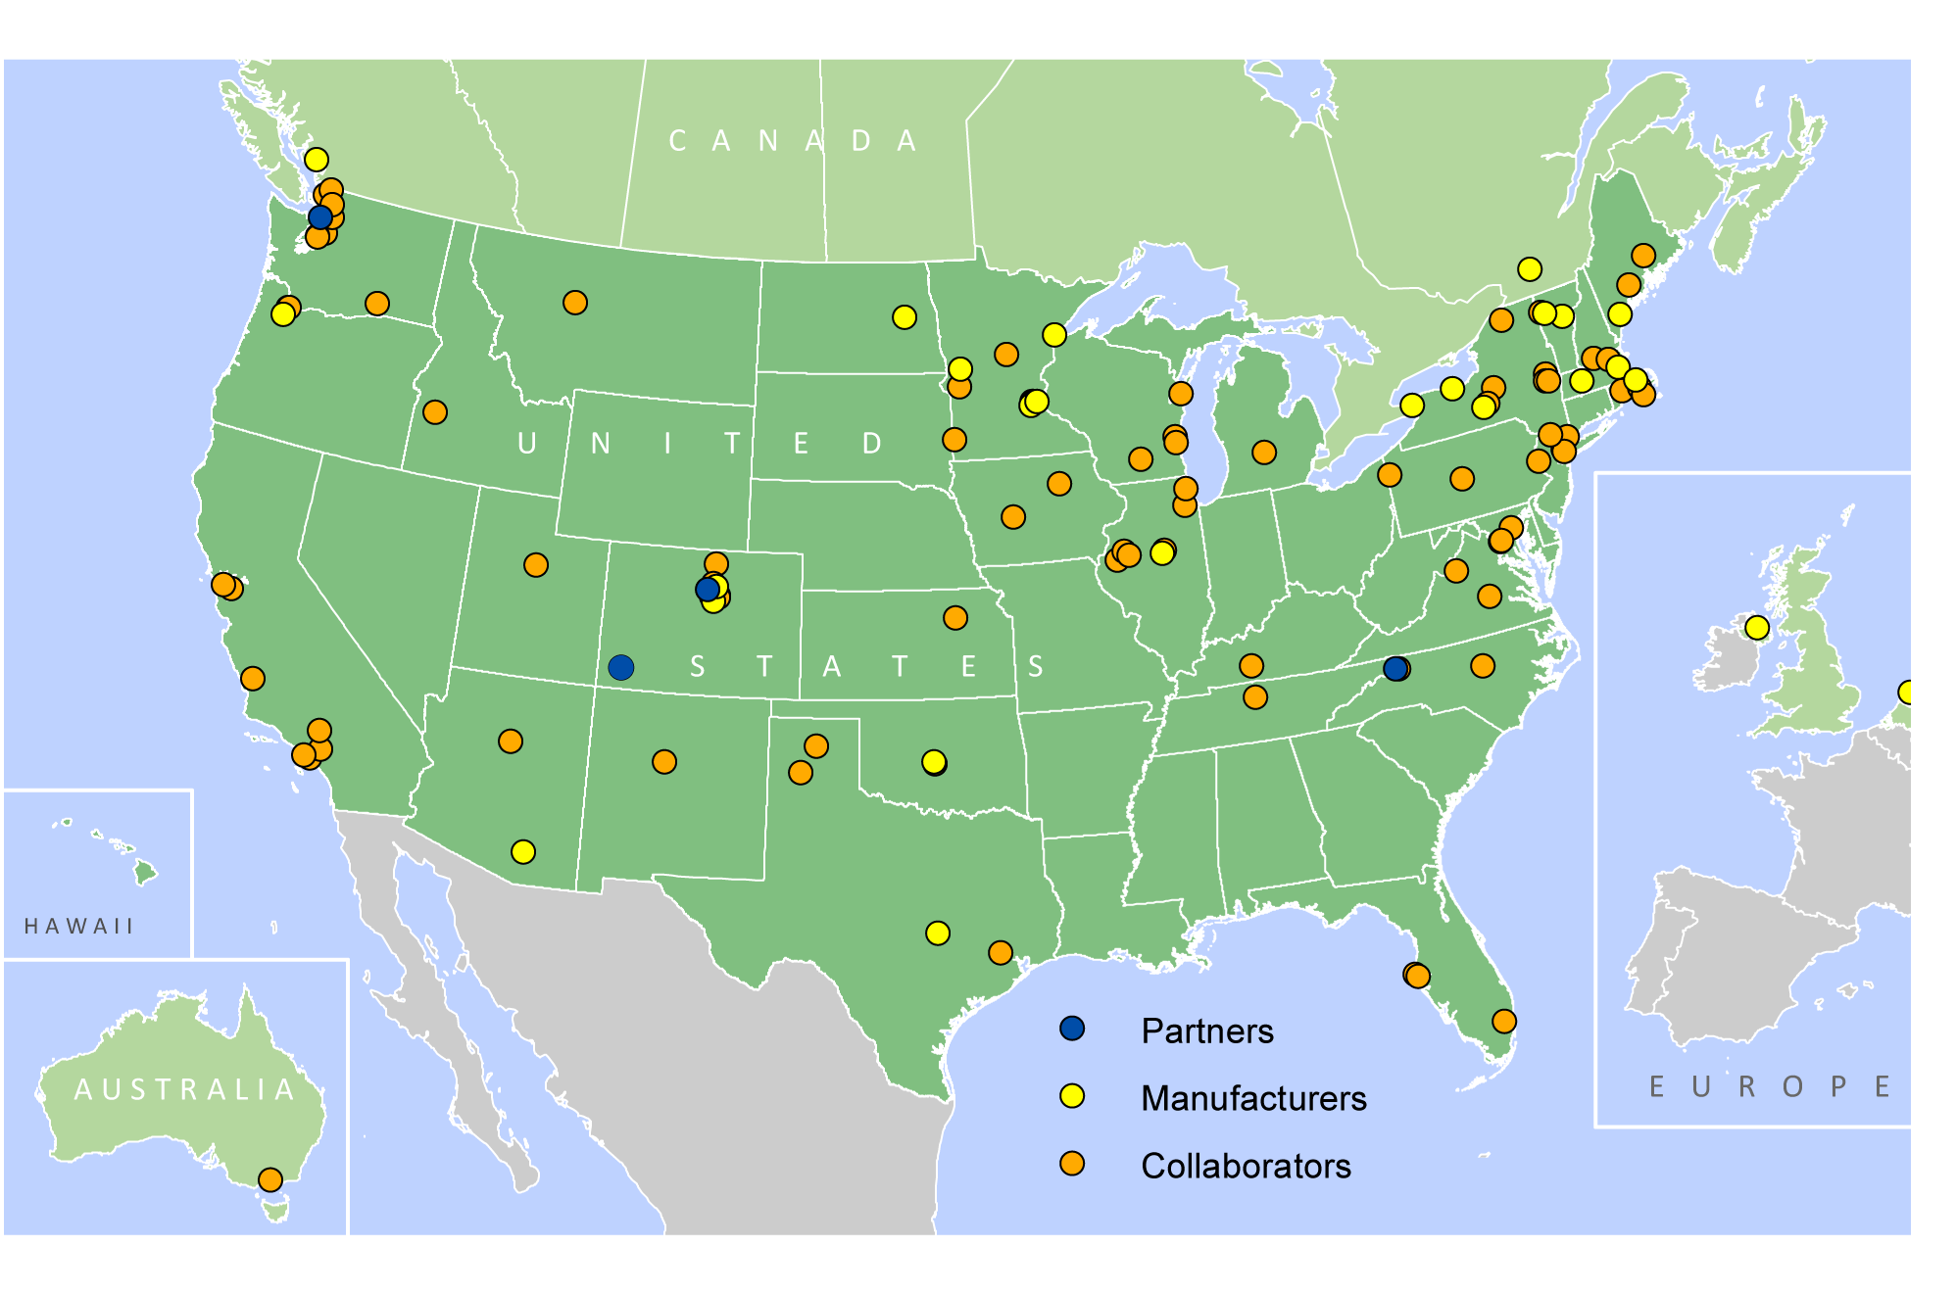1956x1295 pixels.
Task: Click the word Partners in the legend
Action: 1207,1031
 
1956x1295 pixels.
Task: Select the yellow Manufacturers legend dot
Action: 1072,1096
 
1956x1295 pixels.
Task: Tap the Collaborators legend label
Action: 1246,1167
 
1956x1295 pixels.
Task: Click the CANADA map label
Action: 793,141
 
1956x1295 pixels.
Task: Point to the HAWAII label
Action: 78,926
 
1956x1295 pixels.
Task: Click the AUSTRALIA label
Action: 185,1089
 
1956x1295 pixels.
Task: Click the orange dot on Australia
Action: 270,1179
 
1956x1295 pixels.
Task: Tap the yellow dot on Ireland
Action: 1757,627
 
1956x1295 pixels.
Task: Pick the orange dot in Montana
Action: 575,303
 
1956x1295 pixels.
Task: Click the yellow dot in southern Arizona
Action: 523,851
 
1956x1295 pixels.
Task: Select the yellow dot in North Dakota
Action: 905,316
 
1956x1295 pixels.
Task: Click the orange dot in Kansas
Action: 955,617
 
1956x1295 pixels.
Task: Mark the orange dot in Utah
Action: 536,564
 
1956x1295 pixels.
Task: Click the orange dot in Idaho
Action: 435,412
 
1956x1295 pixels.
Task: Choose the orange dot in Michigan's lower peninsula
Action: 1264,452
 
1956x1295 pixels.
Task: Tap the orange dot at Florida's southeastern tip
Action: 1504,1021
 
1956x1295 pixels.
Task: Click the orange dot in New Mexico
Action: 664,761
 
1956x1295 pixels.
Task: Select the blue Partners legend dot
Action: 1072,1028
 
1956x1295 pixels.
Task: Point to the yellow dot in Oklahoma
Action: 934,761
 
